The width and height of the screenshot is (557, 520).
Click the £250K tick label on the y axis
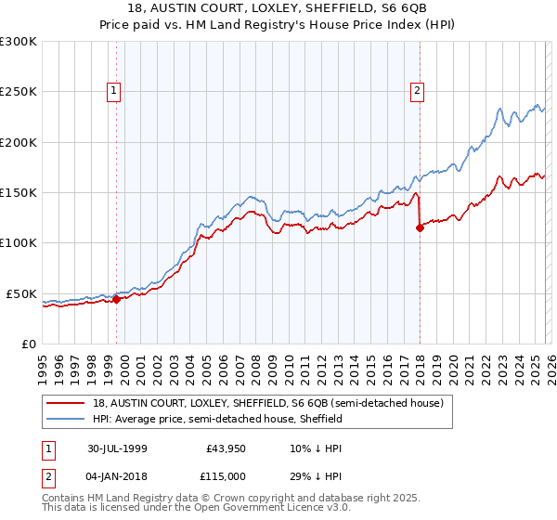point(19,92)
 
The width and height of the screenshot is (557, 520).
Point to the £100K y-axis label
point(19,242)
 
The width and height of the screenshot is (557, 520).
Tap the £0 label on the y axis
point(28,344)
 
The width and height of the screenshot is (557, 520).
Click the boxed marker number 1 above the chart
point(113,91)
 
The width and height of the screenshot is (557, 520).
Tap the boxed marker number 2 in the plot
point(418,91)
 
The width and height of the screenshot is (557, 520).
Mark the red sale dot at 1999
point(117,299)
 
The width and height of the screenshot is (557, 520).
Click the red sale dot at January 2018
point(420,227)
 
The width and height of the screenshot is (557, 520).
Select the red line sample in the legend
point(67,403)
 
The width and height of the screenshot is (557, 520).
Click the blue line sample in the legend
point(67,419)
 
